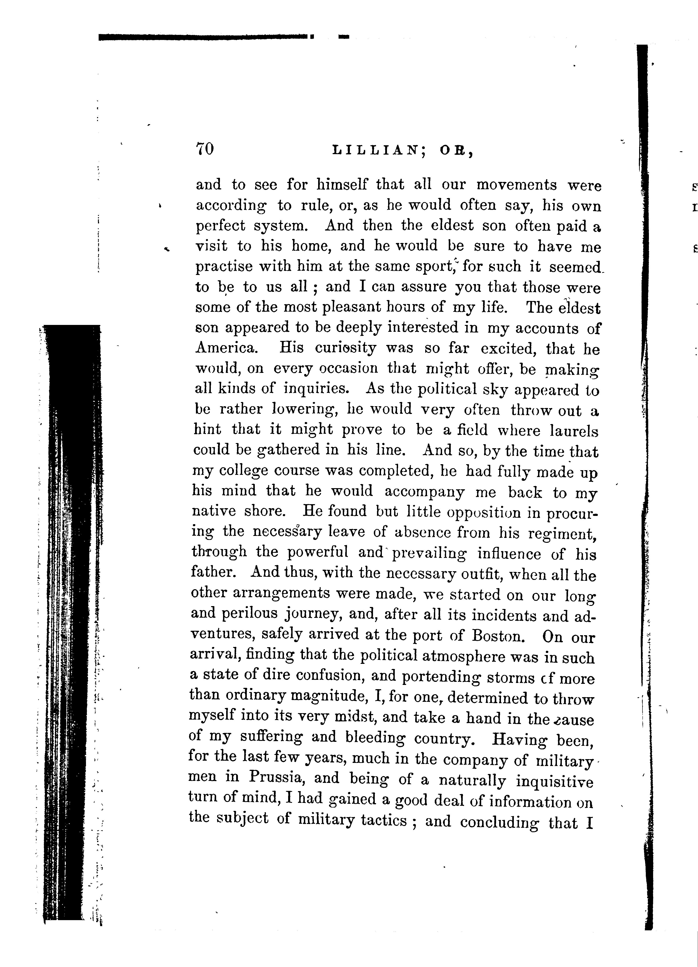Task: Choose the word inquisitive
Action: click(554, 781)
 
